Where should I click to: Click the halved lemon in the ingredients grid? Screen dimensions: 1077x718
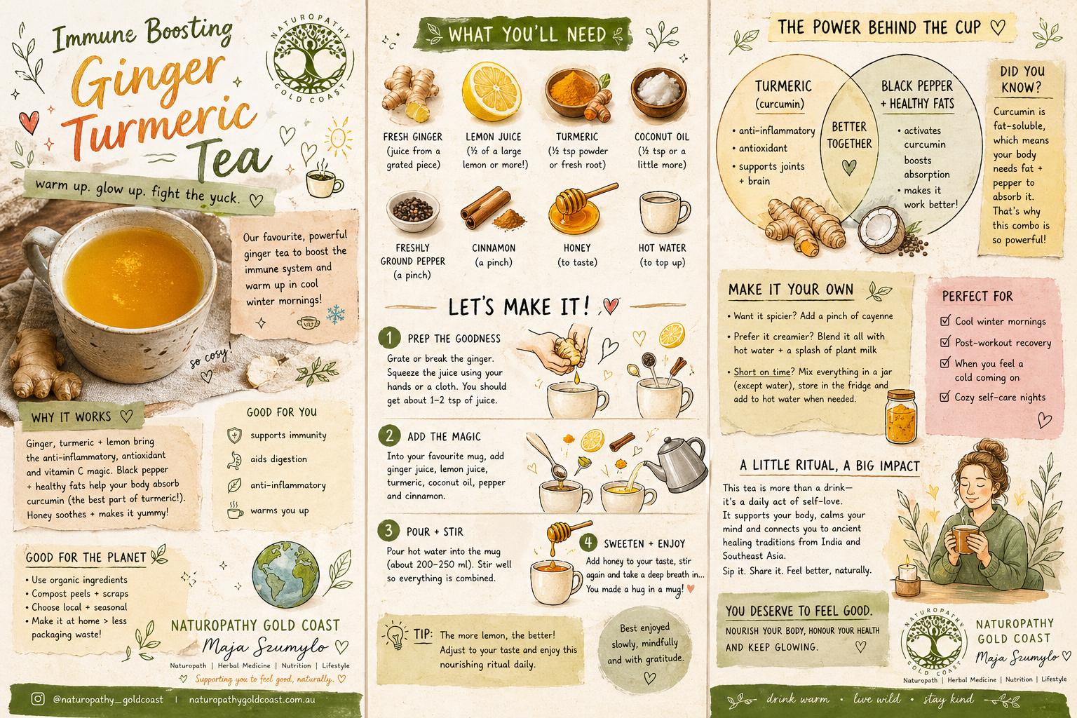[x=492, y=91]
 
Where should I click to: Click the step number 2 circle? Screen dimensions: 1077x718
[x=389, y=435]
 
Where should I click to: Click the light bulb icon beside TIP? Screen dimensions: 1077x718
[x=395, y=635]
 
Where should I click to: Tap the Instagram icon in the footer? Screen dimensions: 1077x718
[x=38, y=699]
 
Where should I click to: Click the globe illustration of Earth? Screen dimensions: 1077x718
[x=285, y=574]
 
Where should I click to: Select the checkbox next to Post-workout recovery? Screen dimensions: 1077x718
[x=945, y=342]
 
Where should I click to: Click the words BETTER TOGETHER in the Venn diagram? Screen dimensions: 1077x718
[x=849, y=135]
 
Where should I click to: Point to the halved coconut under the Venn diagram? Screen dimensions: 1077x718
[x=881, y=230]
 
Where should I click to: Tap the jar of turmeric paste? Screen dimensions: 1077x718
[x=901, y=416]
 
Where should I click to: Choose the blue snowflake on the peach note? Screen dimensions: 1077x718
[x=336, y=314]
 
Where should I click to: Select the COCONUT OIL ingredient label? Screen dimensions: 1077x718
[x=662, y=137]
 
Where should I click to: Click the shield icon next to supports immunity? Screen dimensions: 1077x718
[x=234, y=435]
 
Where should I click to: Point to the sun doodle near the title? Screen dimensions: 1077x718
[x=338, y=139]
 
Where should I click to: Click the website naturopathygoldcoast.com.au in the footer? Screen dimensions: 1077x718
[x=252, y=699]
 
